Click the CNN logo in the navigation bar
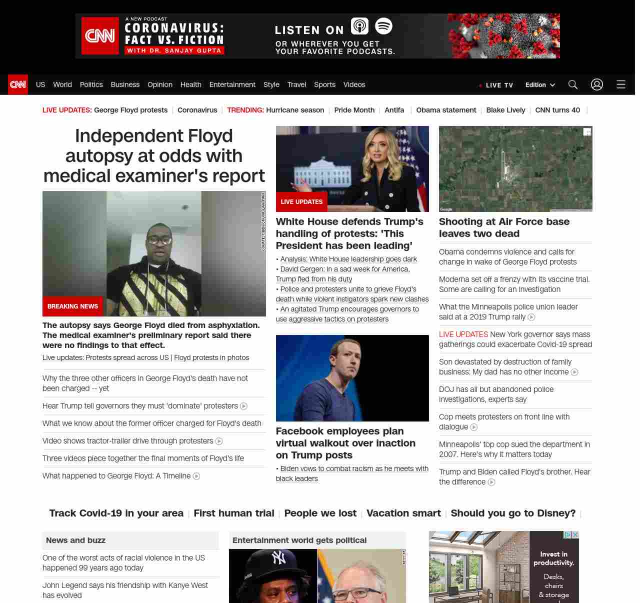[x=18, y=84]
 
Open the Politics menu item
[x=91, y=84]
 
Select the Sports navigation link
[x=324, y=84]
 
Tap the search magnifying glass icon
[x=573, y=84]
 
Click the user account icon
[x=597, y=84]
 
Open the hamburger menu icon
[x=621, y=84]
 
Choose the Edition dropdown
[x=540, y=85]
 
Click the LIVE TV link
[x=496, y=85]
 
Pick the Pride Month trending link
[x=354, y=110]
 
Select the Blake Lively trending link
[x=505, y=110]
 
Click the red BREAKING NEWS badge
[x=72, y=306]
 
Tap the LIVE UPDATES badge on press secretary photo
[x=301, y=201]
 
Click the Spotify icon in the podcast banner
[x=383, y=26]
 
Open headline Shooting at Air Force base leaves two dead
[x=504, y=227]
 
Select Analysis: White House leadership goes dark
[x=348, y=259]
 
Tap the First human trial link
[x=234, y=513]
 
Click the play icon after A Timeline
[x=196, y=476]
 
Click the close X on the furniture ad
[x=575, y=534]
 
